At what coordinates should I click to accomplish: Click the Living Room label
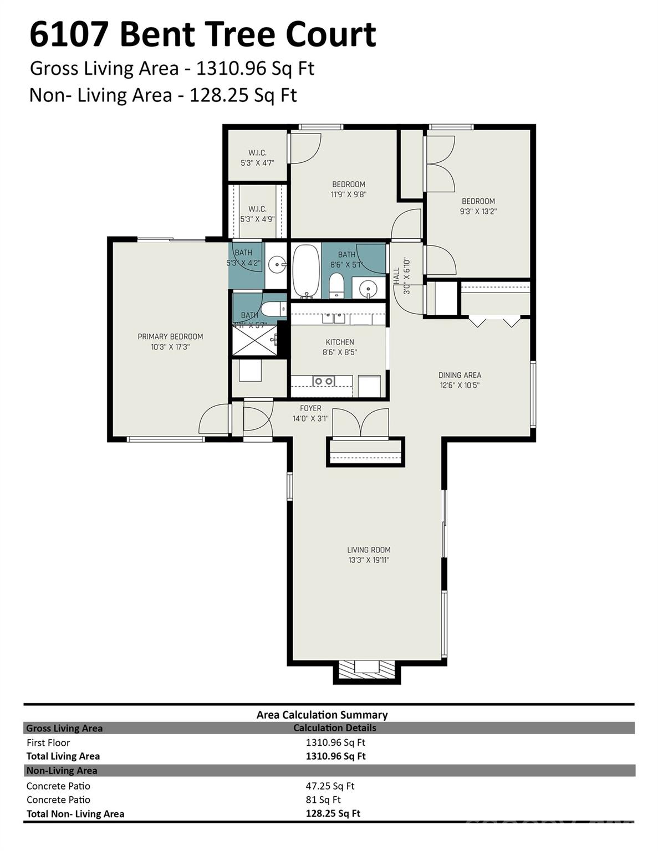click(369, 550)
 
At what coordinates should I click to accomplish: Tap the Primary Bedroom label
click(170, 337)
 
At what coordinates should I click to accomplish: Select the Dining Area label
click(460, 375)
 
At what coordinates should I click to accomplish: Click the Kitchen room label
click(339, 342)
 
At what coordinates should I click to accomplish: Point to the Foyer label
click(310, 408)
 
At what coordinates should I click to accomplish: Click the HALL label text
click(396, 276)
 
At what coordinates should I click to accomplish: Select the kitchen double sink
click(324, 381)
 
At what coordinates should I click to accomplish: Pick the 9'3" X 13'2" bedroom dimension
click(478, 211)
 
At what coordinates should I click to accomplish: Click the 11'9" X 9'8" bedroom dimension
click(349, 194)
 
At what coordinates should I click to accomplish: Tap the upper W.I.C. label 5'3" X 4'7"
click(257, 163)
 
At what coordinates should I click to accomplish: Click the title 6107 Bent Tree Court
click(202, 34)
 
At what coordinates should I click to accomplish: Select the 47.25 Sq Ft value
click(330, 786)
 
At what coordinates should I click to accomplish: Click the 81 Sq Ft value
click(323, 799)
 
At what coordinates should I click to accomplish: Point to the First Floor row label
click(48, 742)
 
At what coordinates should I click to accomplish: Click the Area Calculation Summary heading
click(322, 715)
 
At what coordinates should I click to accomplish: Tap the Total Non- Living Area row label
click(75, 813)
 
